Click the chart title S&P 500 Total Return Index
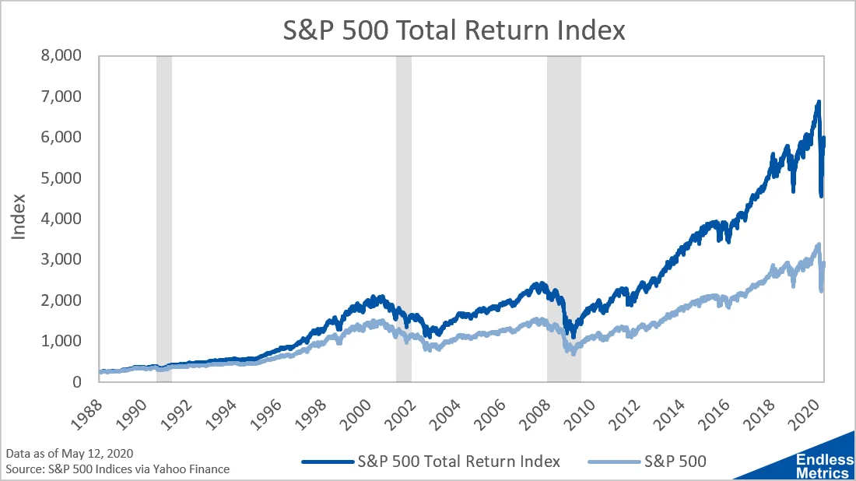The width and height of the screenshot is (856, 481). pos(454,30)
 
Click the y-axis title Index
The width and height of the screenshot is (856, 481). pos(20,219)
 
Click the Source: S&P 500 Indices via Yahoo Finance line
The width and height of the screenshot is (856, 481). pos(117,469)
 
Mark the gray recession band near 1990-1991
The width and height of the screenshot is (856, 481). pos(164,219)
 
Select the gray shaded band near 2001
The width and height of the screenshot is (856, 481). pos(403,219)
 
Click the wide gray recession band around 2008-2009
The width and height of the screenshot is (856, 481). pos(563,219)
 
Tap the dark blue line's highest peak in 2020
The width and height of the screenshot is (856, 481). pos(818,102)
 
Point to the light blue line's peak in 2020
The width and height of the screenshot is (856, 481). pos(818,245)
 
